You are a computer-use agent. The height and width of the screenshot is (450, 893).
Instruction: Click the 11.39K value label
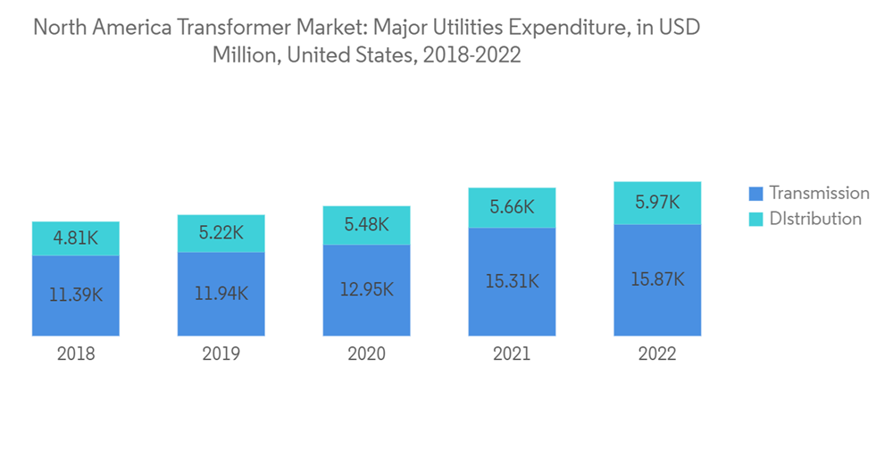coord(76,295)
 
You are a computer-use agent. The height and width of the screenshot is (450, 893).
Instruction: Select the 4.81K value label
coord(76,239)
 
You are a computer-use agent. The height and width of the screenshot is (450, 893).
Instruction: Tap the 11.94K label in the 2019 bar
coord(221,293)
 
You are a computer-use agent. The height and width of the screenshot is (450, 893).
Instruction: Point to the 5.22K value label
coord(221,234)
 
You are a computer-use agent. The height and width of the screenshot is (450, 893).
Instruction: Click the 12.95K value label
coord(367,289)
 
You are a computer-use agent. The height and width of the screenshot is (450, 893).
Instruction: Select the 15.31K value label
coord(513,281)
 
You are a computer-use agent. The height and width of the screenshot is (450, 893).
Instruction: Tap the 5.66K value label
coord(513,208)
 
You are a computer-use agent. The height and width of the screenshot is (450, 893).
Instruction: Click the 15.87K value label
coord(658,279)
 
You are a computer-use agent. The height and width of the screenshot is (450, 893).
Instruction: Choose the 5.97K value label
coord(658,204)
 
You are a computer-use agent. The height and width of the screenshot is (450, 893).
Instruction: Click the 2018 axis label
coord(76,354)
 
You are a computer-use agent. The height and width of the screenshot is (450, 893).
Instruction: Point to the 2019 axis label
coord(221,354)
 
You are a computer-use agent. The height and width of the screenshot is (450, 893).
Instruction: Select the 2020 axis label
coord(367,354)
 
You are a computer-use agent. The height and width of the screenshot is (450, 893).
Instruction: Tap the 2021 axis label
coord(513,354)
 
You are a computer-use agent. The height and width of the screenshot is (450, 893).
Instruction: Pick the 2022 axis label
coord(658,354)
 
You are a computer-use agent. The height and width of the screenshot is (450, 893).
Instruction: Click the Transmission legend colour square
coord(755,193)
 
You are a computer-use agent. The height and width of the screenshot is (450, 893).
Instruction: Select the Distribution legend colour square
coord(755,219)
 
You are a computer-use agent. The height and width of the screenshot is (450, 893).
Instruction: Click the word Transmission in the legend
coord(819,193)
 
